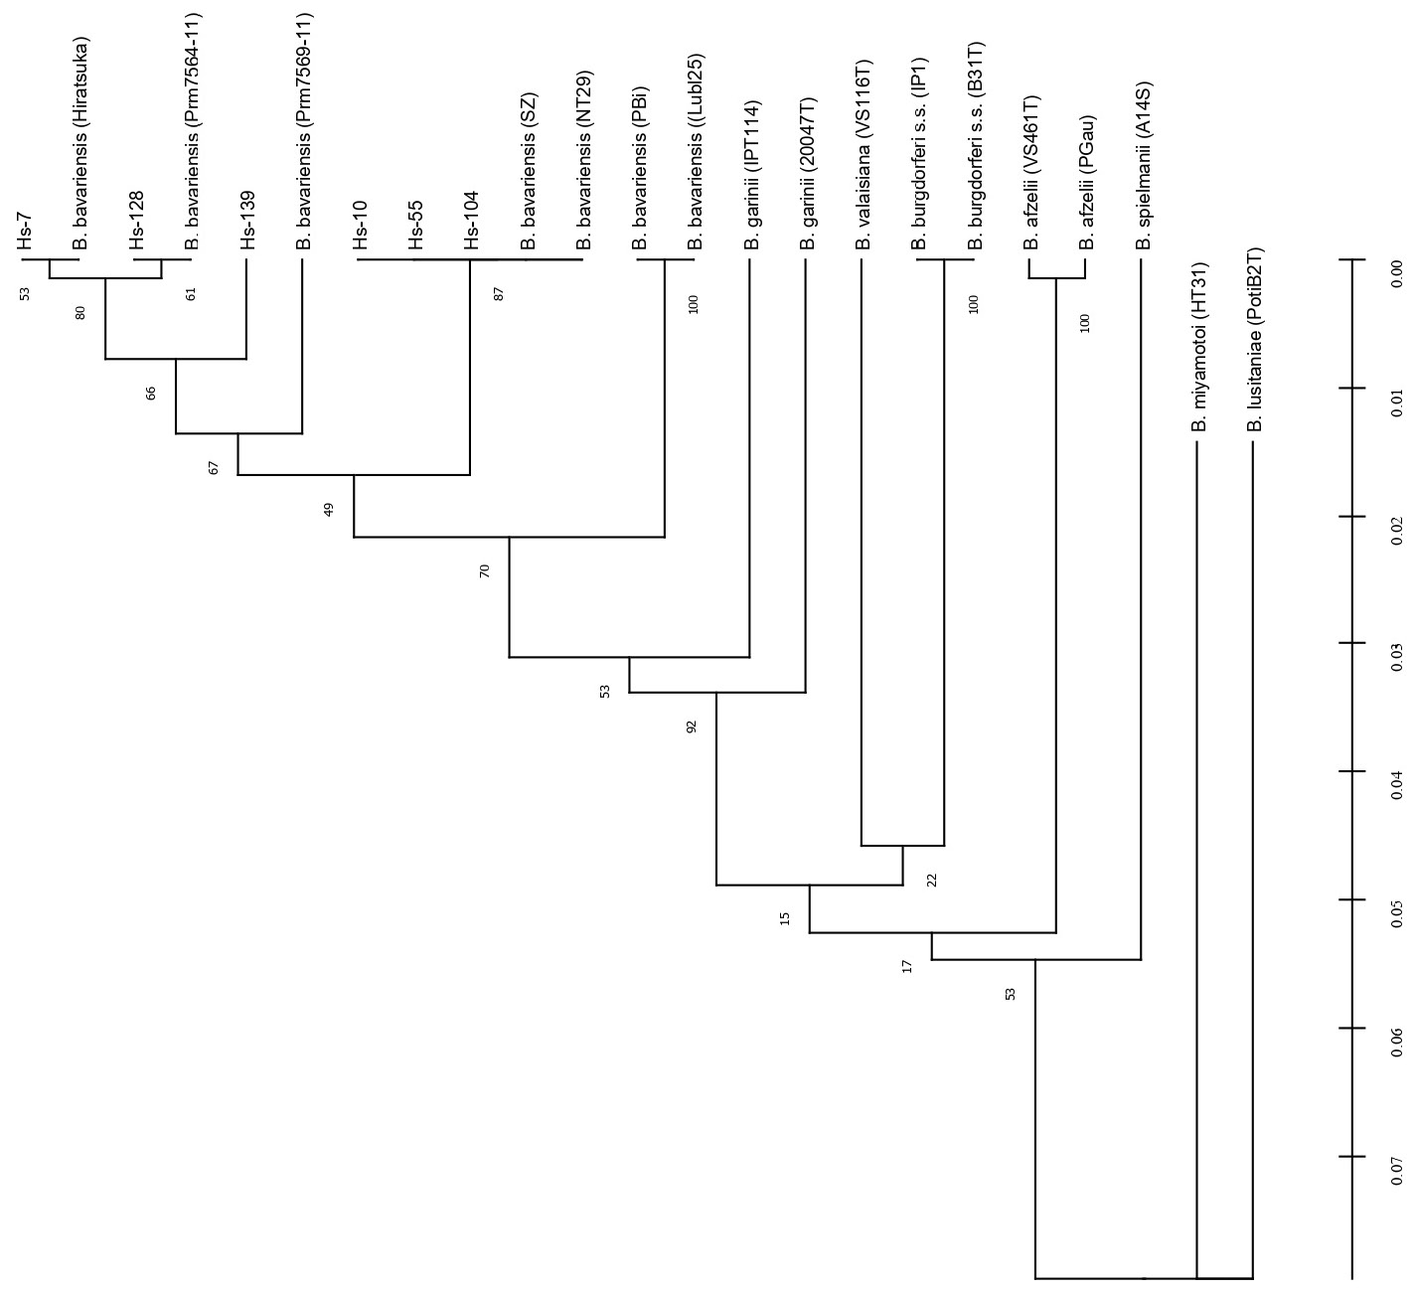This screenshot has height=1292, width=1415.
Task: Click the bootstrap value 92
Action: (x=692, y=727)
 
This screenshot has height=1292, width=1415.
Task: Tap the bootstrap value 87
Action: (x=499, y=293)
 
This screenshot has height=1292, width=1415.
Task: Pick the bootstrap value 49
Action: (x=329, y=509)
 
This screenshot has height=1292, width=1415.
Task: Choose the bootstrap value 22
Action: (x=931, y=879)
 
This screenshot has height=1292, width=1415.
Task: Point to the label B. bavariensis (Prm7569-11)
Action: (x=303, y=130)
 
